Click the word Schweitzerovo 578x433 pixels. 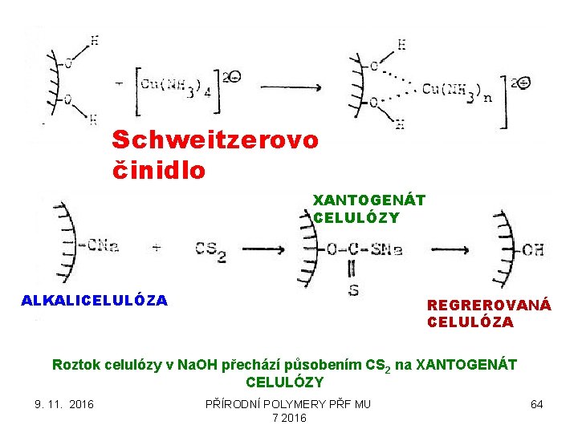pos(215,140)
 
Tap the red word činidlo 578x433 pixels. pos(159,171)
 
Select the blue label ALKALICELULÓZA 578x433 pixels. pos(95,301)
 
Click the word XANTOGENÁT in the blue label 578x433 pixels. pos(369,199)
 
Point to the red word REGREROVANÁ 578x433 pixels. pos(489,306)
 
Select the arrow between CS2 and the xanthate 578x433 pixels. pos(265,249)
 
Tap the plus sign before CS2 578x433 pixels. pos(157,248)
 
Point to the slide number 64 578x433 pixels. pos(537,404)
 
